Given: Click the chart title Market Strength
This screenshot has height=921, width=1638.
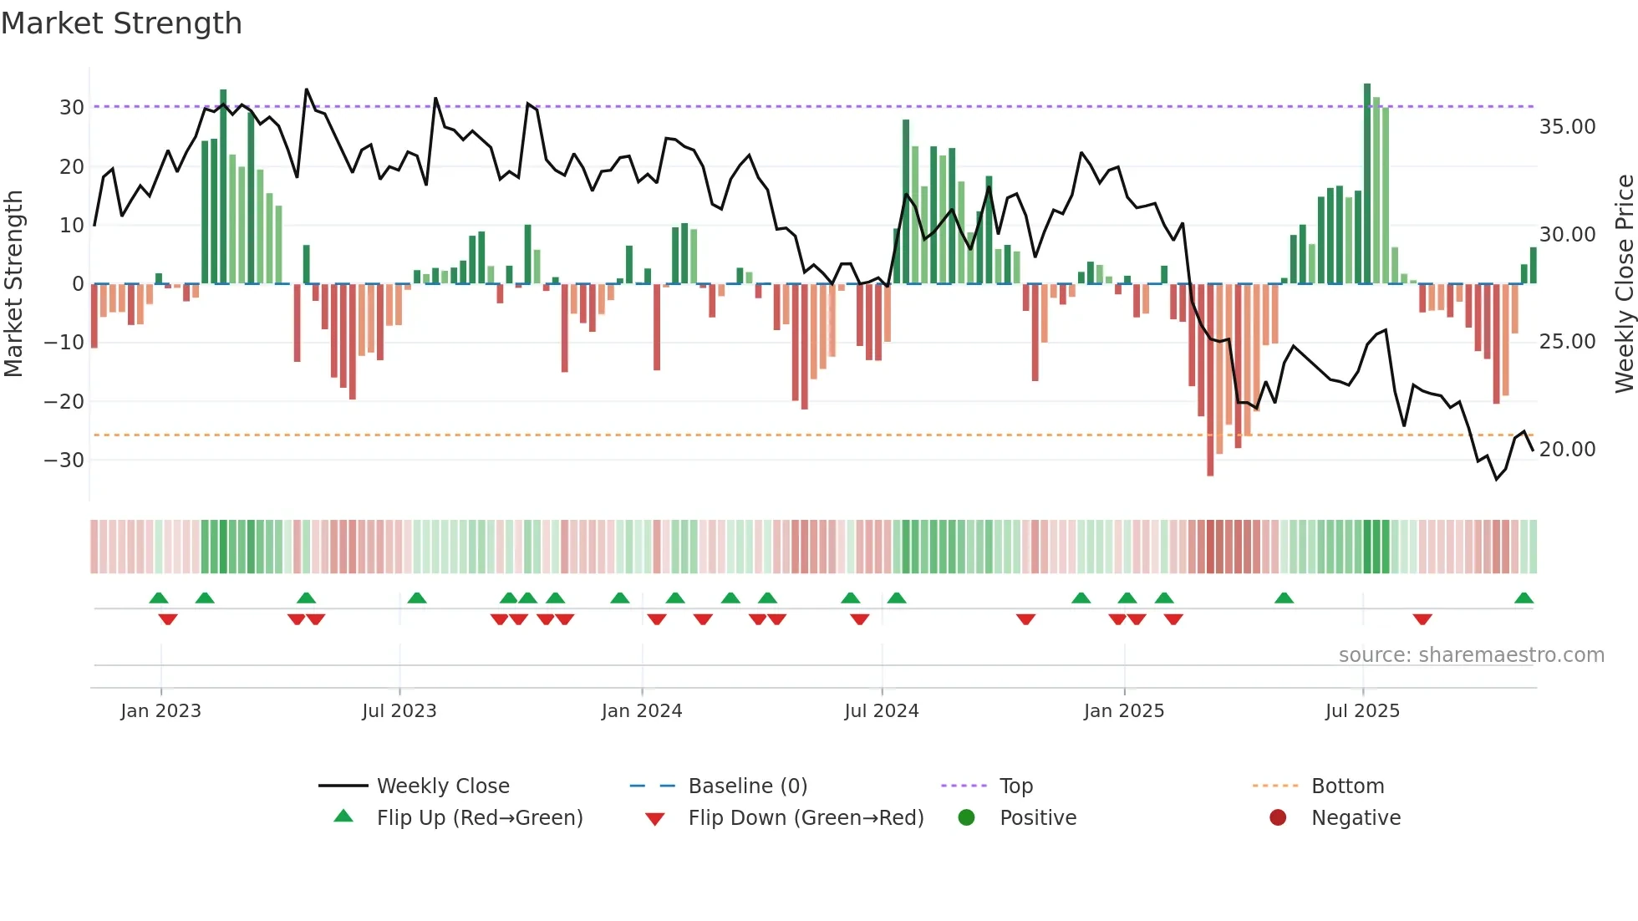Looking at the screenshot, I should pos(121,23).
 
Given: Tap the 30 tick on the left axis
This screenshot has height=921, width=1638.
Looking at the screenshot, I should pos(72,108).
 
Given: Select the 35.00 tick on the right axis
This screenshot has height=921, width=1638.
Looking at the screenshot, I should pos(1567,127).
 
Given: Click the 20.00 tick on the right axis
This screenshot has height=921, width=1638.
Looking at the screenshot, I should pos(1567,450).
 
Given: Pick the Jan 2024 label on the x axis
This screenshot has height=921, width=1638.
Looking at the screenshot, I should pos(641,711).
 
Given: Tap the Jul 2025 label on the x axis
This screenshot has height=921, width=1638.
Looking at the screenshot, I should pos(1361,711).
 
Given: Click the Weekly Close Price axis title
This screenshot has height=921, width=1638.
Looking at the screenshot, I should pos(1624,283).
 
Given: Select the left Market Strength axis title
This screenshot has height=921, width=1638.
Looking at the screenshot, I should pos(13,283).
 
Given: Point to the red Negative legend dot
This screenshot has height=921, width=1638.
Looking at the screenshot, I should pos(1277,817).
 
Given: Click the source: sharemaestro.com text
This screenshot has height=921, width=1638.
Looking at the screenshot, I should pos(1471,655).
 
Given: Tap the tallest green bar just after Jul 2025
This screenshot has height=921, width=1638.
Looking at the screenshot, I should pos(1367,184).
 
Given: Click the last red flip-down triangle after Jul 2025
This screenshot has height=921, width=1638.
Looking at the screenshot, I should pos(1422,619).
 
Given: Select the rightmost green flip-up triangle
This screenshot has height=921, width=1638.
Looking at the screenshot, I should pos(1524,598).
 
